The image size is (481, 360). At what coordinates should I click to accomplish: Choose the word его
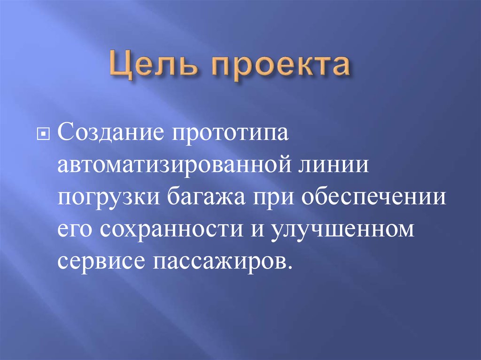[x=74, y=230]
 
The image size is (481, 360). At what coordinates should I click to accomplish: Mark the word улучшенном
[x=342, y=230]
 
